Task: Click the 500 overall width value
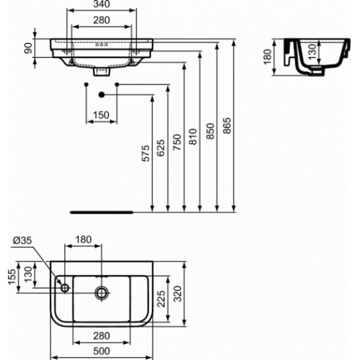pyautogui.click(x=101, y=351)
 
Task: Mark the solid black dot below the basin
pyautogui.click(x=102, y=94)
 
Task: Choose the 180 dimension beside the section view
pyautogui.click(x=268, y=56)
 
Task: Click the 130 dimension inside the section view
pyautogui.click(x=310, y=51)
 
